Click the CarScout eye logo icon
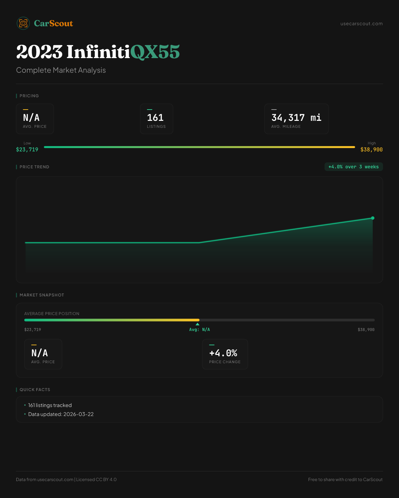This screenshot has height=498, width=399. (x=23, y=23)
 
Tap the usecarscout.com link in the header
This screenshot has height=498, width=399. (x=361, y=24)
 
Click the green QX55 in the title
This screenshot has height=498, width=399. (x=155, y=52)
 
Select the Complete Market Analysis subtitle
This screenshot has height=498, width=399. (x=61, y=70)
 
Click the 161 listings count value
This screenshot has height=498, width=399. (x=155, y=118)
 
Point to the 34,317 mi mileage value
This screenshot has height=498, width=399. (x=296, y=118)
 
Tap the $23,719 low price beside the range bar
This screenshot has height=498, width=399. (x=27, y=150)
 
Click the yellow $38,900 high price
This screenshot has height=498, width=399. (x=371, y=150)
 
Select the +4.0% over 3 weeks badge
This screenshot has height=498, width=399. (x=353, y=167)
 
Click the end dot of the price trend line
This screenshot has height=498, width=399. (x=373, y=218)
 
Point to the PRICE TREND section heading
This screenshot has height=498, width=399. (x=34, y=167)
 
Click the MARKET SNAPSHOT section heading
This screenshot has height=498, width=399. (x=42, y=295)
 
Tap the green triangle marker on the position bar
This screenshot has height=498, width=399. (x=198, y=324)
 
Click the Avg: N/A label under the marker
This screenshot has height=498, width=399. (x=199, y=330)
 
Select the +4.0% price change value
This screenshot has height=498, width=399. (x=223, y=353)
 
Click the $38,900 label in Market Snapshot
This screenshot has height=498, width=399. (x=366, y=330)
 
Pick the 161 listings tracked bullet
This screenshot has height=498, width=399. (x=50, y=405)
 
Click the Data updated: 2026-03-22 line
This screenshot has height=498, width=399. (x=61, y=414)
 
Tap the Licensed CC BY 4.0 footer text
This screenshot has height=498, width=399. (x=96, y=480)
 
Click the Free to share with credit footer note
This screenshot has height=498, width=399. (x=345, y=480)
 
